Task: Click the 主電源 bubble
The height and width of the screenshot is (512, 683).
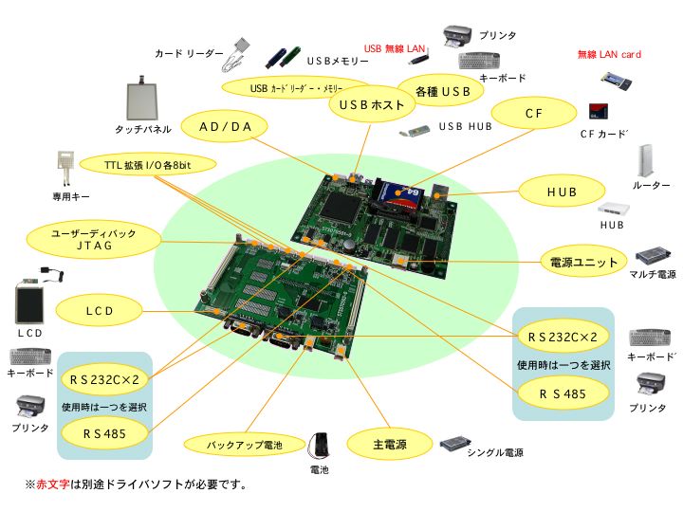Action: pos(390,442)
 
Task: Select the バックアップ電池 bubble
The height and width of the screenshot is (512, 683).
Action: pos(245,443)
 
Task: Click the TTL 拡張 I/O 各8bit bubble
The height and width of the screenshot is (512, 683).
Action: pos(148,164)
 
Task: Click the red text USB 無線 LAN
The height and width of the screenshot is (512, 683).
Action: pos(395,48)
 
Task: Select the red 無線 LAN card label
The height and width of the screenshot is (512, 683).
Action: pos(609,54)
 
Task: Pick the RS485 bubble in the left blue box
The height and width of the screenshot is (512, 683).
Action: pos(105,432)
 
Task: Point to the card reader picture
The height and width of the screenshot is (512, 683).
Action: pos(240,55)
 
